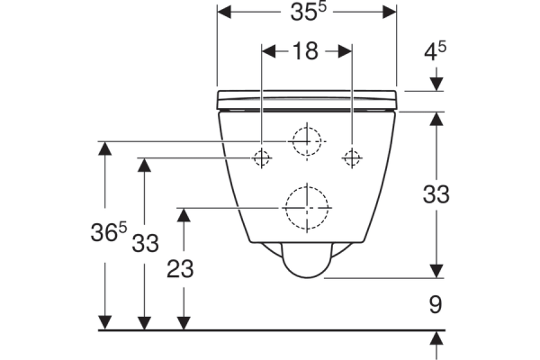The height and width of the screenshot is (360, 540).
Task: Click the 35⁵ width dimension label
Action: tap(308, 12)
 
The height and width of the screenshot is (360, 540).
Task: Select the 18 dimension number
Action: tap(305, 51)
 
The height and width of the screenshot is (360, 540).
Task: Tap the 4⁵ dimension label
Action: tap(435, 51)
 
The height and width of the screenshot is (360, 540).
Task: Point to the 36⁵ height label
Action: tap(109, 232)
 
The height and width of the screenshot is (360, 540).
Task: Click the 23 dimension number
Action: tap(180, 269)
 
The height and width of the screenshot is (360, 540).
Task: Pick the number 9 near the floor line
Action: tap(436, 304)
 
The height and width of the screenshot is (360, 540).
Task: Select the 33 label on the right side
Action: tap(436, 194)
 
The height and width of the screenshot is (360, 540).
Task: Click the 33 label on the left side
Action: tap(145, 243)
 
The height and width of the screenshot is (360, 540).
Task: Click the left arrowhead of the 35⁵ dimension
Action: tap(224, 12)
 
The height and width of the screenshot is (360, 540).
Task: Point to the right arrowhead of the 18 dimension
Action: tap(345, 51)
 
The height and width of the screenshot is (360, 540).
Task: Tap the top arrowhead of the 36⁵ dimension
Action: tap(105, 148)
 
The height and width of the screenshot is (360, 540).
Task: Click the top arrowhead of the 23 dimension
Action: tap(184, 215)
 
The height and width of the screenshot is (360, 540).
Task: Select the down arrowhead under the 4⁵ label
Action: tap(436, 85)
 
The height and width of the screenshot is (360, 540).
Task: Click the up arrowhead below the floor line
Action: tap(436, 337)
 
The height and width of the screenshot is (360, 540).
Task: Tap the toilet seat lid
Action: tap(307, 100)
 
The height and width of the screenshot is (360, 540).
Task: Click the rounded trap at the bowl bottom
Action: tap(307, 260)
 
